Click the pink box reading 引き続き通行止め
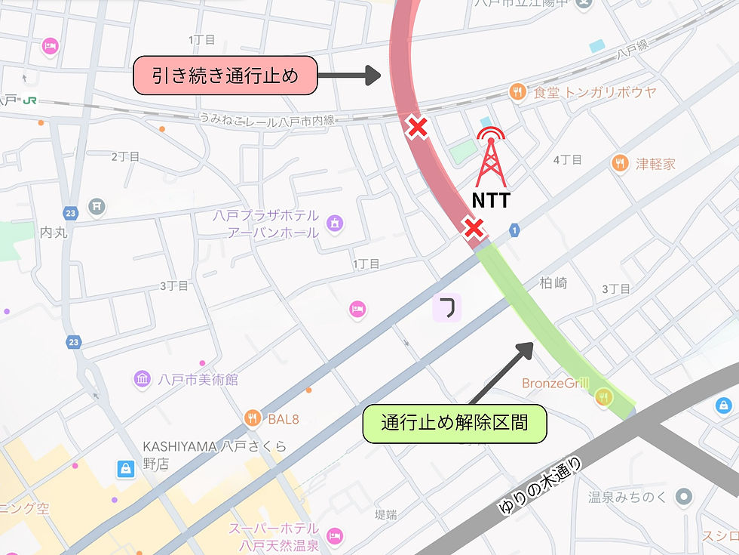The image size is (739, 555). pyautogui.click(x=224, y=76)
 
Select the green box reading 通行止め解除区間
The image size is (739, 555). pyautogui.click(x=455, y=424)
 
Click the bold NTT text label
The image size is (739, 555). pyautogui.click(x=491, y=200)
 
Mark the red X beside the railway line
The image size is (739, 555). pyautogui.click(x=416, y=128)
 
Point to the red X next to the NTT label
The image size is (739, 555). pyautogui.click(x=473, y=228)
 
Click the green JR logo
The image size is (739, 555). pyautogui.click(x=29, y=100)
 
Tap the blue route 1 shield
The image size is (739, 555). pyautogui.click(x=514, y=229)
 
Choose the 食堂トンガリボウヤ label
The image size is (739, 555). pyautogui.click(x=594, y=92)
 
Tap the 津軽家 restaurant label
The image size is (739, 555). pyautogui.click(x=655, y=163)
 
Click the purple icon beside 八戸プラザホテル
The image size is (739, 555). pyautogui.click(x=335, y=223)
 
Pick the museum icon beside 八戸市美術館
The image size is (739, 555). pyautogui.click(x=142, y=379)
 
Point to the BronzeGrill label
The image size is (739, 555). pyautogui.click(x=555, y=384)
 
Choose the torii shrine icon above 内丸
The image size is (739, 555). pyautogui.click(x=97, y=205)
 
